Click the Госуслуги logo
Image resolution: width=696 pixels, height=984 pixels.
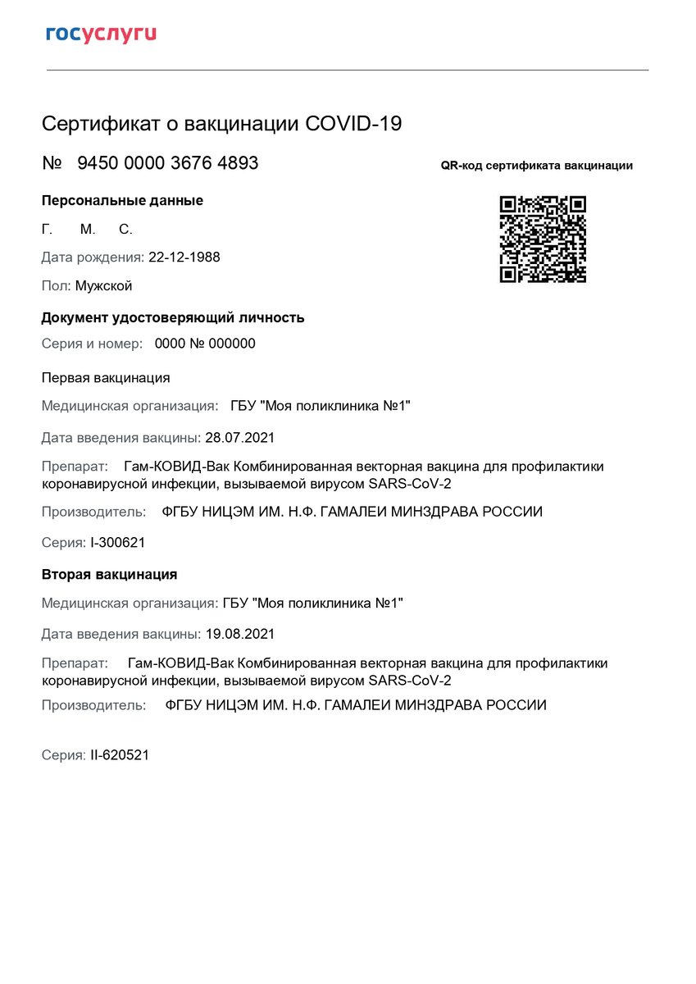pos(101,34)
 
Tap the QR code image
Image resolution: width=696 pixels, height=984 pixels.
pos(543,239)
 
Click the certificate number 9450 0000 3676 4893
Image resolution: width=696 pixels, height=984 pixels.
pos(167,163)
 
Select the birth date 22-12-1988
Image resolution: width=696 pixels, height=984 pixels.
pos(184,257)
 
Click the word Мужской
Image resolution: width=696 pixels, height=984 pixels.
pos(103,286)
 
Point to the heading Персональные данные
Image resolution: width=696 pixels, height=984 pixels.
pos(122,201)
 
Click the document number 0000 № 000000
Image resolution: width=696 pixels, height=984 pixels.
pos(205,344)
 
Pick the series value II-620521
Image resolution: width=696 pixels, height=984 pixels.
pos(120,755)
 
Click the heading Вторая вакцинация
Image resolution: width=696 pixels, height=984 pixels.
pos(109,575)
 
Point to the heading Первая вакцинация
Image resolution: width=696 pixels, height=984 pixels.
pos(106,378)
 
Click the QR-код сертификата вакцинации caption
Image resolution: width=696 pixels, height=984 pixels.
pos(536,166)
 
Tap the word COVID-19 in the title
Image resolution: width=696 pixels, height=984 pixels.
pos(353,124)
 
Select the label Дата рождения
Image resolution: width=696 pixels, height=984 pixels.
pos(93,257)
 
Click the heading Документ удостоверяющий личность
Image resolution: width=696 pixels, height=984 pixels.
pos(173,318)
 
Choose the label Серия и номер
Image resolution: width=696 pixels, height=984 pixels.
pos(92,344)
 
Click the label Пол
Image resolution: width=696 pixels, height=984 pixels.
pos(56,286)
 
